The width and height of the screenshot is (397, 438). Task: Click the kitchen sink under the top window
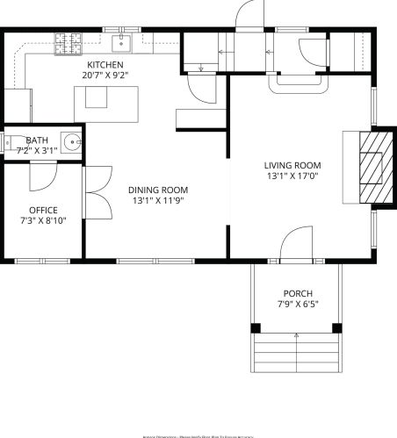point(121,43)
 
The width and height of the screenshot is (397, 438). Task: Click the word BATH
point(37,140)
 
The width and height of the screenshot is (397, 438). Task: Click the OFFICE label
point(43,210)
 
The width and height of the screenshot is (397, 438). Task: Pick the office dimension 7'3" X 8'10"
point(43,220)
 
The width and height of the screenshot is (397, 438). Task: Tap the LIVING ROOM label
point(292,165)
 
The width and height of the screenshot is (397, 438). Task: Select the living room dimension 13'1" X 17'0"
point(292,176)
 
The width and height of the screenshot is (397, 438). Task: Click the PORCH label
point(297,293)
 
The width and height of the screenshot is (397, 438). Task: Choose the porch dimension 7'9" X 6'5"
point(297,305)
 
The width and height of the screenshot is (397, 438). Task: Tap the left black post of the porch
point(256,328)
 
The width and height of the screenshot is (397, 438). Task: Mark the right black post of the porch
point(336,328)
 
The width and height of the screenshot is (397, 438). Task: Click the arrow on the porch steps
point(297,336)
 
